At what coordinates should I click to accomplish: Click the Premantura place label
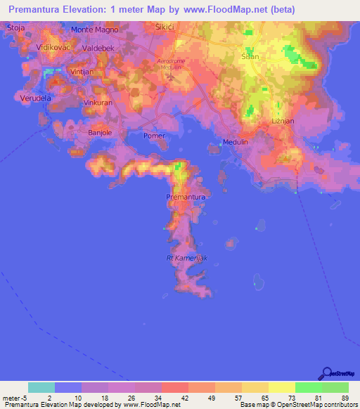(186, 197)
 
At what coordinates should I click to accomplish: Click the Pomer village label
(153, 136)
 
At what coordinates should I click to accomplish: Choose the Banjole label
(100, 131)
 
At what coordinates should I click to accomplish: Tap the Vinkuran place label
(98, 103)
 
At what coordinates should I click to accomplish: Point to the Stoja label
(15, 27)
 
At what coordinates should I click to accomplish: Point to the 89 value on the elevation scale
(344, 398)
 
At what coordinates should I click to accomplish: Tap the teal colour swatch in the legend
(41, 387)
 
